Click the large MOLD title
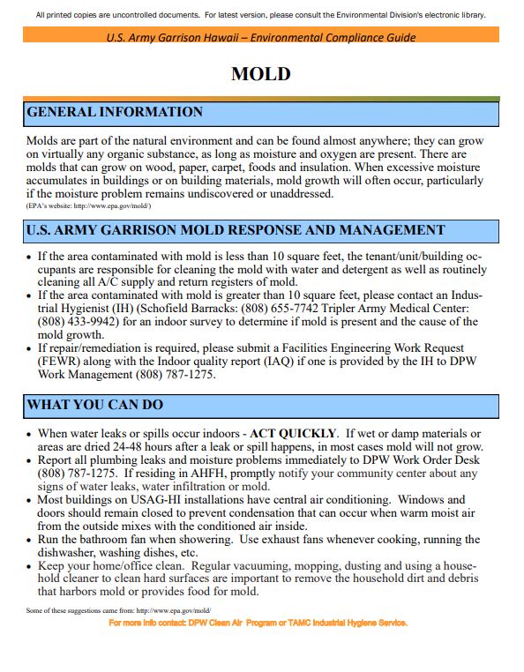260,74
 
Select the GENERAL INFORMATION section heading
116,113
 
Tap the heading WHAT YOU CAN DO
95,406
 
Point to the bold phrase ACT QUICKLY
294,434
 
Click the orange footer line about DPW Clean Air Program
258,623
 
